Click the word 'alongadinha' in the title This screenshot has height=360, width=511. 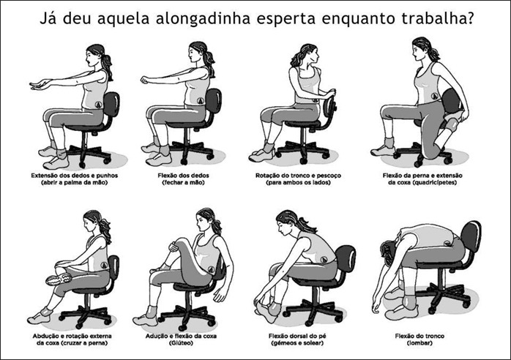[203, 18]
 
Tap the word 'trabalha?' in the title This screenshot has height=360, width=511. [437, 18]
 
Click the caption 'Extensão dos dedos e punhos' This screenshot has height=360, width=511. [74, 176]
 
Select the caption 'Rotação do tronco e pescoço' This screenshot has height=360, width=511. [298, 176]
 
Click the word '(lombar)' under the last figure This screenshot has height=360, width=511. [419, 343]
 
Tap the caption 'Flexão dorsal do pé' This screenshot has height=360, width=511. [297, 336]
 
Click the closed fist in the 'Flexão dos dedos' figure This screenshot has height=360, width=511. [144, 80]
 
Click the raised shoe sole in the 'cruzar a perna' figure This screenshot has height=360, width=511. [59, 280]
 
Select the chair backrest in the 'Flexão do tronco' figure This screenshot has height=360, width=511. [471, 236]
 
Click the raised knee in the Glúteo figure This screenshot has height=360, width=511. [176, 244]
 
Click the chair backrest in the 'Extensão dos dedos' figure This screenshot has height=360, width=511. [111, 104]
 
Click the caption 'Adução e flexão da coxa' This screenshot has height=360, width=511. [181, 336]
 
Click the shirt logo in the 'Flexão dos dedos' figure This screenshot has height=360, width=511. [201, 100]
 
